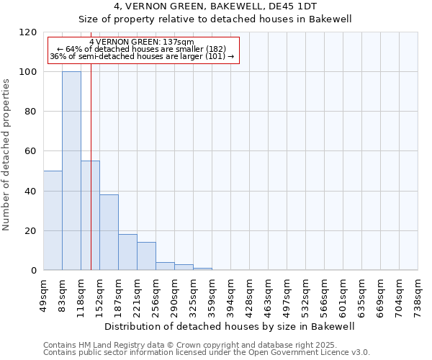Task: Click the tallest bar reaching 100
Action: [x=71, y=171]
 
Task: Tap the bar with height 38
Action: [x=109, y=232]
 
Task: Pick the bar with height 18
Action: [x=127, y=252]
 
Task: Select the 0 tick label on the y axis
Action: [x=34, y=271]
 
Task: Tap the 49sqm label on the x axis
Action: [x=44, y=291]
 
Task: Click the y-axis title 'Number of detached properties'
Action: [x=6, y=155]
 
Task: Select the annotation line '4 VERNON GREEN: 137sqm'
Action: [x=142, y=42]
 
